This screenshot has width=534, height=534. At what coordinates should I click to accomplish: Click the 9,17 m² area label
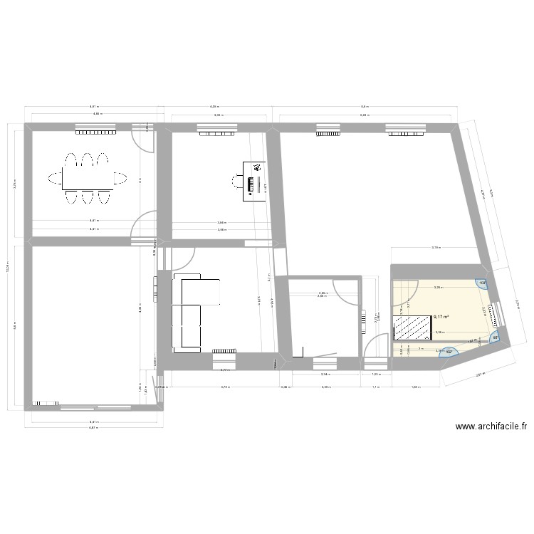pos(441,316)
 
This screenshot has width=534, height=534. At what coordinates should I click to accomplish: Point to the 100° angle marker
pos(482,283)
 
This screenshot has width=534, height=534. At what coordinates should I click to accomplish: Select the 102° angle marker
pos(449,350)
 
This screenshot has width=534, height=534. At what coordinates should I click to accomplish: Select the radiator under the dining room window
pos(95,132)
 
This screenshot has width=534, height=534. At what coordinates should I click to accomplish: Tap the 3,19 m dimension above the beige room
pos(435,248)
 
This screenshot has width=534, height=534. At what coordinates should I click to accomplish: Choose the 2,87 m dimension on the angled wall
pos(480,373)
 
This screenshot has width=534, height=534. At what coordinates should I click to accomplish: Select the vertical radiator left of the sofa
pos(155,286)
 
